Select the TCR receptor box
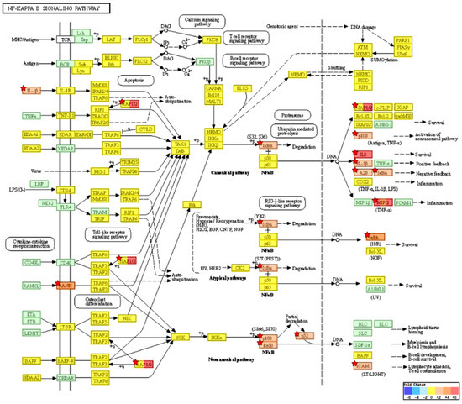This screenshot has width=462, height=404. [64, 39]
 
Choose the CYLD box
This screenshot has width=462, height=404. [145, 129]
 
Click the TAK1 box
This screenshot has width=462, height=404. [179, 144]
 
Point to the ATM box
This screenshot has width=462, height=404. [362, 48]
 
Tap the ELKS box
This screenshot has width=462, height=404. [244, 88]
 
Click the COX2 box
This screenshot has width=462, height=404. [363, 181]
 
